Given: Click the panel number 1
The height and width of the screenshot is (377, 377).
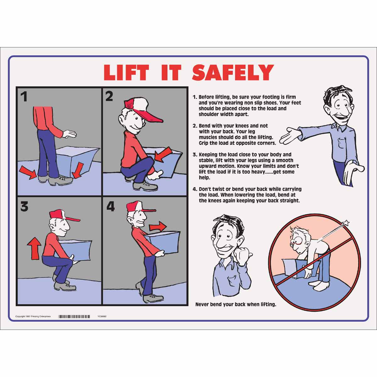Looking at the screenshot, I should click(24, 96).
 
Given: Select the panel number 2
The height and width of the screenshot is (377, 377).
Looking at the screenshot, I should click(109, 96).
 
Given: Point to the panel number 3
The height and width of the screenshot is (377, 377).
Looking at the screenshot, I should click(24, 207).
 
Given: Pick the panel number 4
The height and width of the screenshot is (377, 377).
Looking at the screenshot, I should click(111, 206).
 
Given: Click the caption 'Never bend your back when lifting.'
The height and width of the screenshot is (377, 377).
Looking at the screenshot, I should click(236, 304).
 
